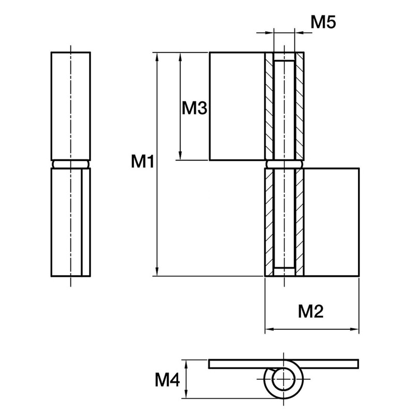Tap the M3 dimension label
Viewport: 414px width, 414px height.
[195, 108]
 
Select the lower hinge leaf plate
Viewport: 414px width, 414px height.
[331, 222]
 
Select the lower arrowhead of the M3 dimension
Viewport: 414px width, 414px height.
[180, 156]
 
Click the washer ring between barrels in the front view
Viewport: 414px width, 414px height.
[283, 164]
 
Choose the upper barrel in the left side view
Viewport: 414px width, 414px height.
[71, 106]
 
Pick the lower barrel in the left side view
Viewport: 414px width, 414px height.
[71, 222]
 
